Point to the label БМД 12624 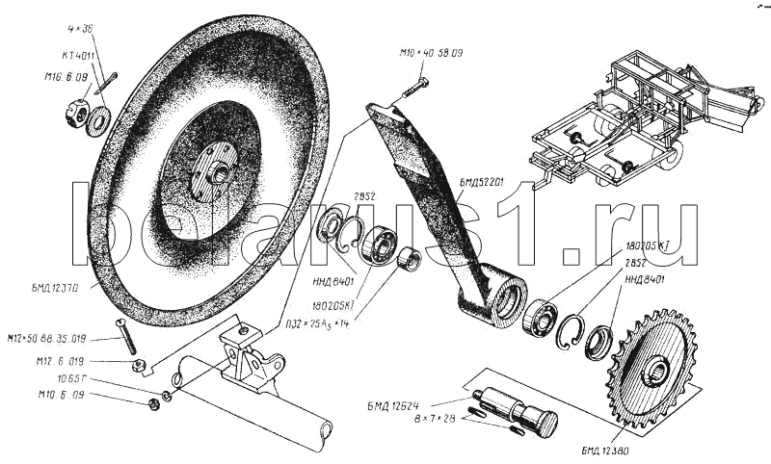pos(398,402)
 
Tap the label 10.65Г pos(71,379)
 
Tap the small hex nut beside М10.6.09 pos(155,402)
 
